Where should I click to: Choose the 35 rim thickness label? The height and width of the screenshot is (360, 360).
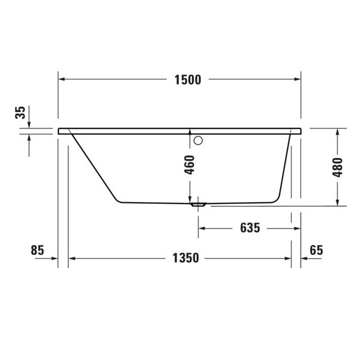click(20, 112)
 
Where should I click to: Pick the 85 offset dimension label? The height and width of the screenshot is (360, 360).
click(37, 250)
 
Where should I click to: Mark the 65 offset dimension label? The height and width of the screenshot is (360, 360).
click(316, 250)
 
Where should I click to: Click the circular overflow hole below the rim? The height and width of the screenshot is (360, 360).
click(199, 141)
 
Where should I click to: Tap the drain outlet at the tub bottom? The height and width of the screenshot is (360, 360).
click(197, 204)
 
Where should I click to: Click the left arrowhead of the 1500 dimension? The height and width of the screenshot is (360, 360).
click(62, 79)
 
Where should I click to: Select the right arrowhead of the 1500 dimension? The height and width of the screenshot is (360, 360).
click(296, 79)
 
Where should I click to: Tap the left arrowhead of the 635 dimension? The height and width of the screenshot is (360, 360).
click(202, 228)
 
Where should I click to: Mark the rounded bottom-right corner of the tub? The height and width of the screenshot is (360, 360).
click(278, 196)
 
